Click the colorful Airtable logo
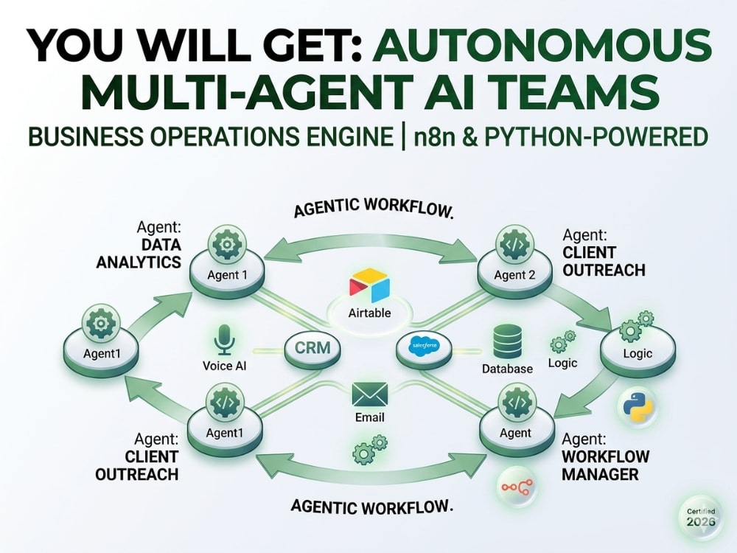click(x=369, y=285)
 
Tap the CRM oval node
click(x=312, y=348)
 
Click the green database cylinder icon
click(x=507, y=341)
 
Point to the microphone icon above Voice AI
click(x=224, y=339)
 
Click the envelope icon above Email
click(x=370, y=394)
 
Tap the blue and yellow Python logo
click(x=638, y=406)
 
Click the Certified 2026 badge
click(x=701, y=518)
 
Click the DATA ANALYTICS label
click(x=139, y=253)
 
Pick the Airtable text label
click(x=369, y=313)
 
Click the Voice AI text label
click(x=224, y=366)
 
